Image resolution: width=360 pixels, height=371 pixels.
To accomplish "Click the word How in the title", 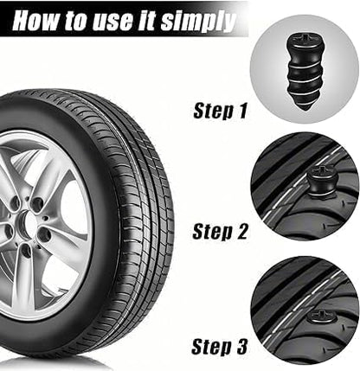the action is pyautogui.click(x=36, y=21).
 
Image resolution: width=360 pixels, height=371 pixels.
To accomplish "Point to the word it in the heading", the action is pyautogui.click(x=146, y=21).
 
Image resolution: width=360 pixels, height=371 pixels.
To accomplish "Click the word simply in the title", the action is pyautogui.click(x=198, y=22).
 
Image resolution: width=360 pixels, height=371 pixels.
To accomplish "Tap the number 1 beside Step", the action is pyautogui.click(x=241, y=111).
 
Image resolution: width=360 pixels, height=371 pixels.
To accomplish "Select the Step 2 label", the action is pyautogui.click(x=220, y=232).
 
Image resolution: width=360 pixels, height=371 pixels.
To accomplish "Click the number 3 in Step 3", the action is pyautogui.click(x=241, y=347).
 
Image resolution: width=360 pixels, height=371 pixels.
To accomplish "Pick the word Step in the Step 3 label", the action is pyautogui.click(x=211, y=347).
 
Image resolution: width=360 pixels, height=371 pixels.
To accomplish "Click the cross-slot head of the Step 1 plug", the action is pyautogui.click(x=299, y=38).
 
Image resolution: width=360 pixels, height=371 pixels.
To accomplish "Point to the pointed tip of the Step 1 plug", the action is pyautogui.click(x=305, y=108).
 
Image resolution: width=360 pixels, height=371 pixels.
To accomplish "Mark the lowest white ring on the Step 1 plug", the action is pyautogui.click(x=302, y=93).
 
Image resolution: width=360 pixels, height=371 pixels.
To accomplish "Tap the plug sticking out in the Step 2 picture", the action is pyautogui.click(x=319, y=183).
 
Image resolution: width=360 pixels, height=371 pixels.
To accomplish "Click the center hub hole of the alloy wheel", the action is pyautogui.click(x=29, y=225).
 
